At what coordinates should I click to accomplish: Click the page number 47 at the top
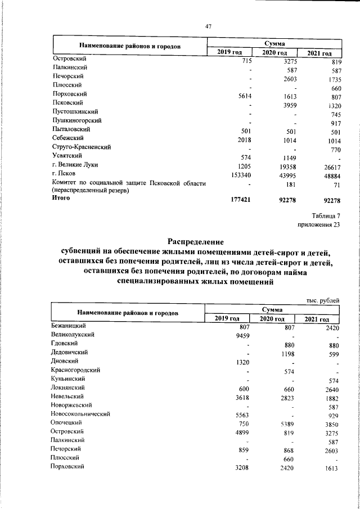tap(208, 26)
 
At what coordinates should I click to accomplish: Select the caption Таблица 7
tap(326, 215)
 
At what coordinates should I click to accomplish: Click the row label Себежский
tap(68, 138)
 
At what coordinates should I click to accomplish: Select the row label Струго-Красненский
tap(81, 147)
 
